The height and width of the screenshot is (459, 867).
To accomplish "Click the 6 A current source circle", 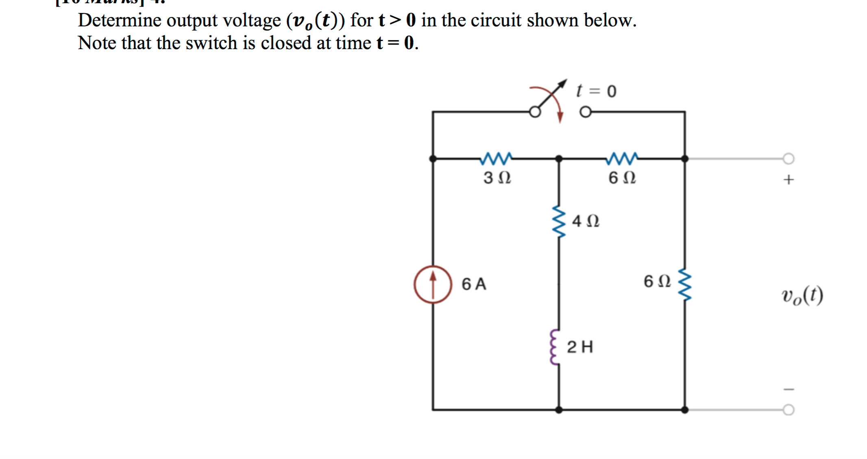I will [433, 284].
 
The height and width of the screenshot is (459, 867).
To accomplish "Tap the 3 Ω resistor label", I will [497, 178].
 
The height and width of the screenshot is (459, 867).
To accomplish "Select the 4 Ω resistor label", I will [585, 221].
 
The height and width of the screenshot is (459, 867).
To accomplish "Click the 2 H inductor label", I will [580, 347].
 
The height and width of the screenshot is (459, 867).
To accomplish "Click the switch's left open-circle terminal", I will [535, 112].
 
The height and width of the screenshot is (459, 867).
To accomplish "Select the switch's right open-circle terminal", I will [585, 112].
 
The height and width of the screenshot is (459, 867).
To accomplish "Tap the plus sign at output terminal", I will [788, 180].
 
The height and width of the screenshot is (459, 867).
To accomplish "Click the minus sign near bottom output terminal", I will [788, 390].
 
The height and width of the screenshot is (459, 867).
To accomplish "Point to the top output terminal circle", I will [788, 158].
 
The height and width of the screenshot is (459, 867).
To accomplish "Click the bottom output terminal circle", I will [788, 410].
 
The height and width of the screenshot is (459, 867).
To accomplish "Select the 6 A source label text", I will [474, 284].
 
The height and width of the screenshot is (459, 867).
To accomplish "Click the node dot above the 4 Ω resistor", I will [559, 158].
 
